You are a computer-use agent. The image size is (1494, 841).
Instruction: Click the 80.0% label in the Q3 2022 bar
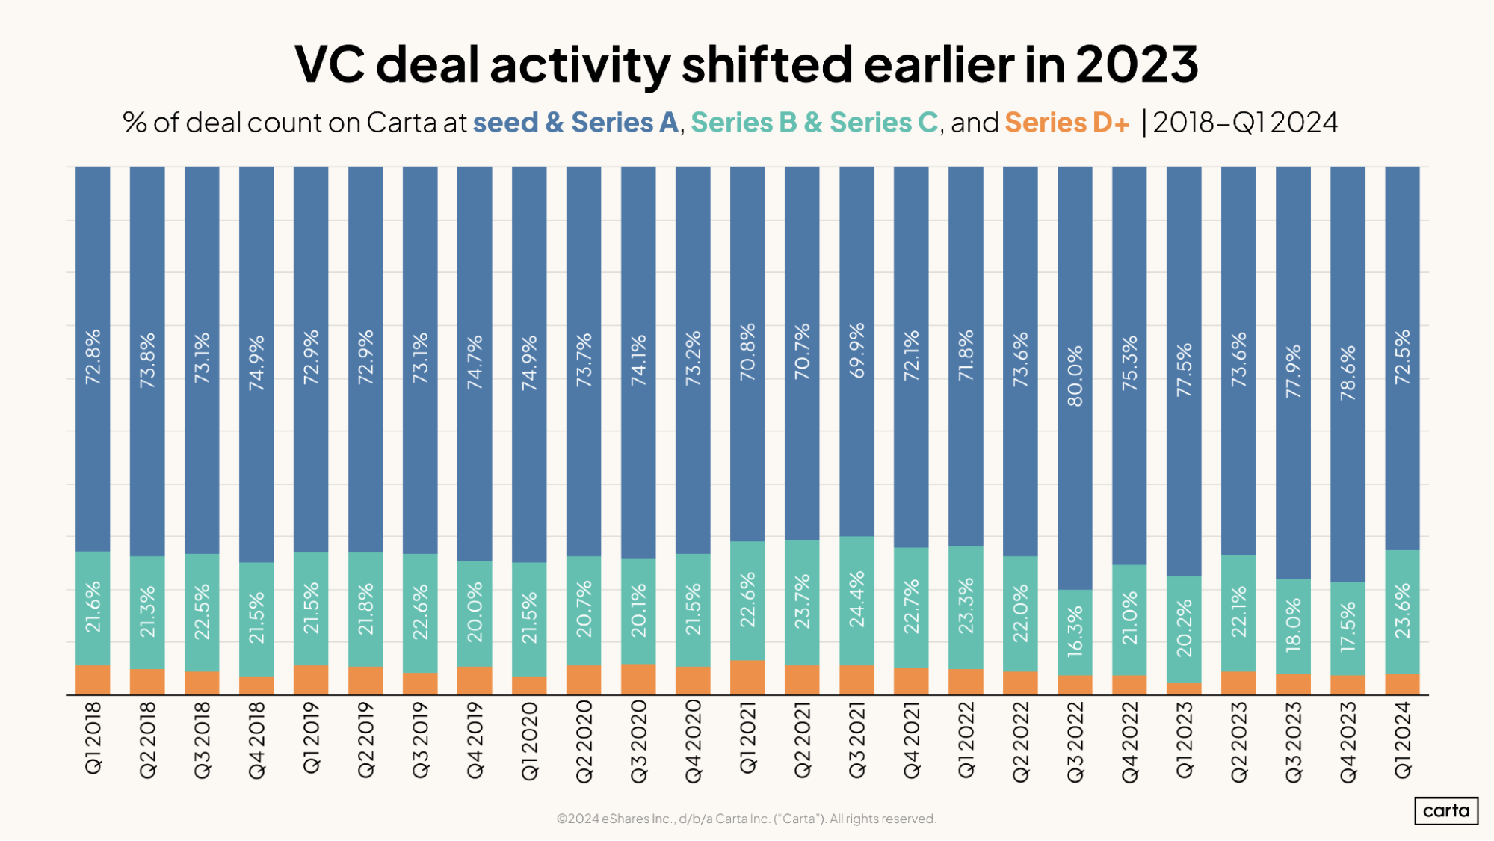coord(1075,376)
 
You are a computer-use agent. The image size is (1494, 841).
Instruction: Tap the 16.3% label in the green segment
coord(1075,632)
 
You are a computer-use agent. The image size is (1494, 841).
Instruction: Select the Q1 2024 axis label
coord(1402,740)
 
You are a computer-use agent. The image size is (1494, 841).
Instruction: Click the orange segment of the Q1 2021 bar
coord(747,677)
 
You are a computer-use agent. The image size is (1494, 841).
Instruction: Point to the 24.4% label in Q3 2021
coord(856,599)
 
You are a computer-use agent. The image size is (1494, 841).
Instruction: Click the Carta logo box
coord(1445,811)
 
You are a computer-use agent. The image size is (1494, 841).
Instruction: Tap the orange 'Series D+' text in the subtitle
coord(1067,123)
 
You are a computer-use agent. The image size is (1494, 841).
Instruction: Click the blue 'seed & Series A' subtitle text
coord(575,123)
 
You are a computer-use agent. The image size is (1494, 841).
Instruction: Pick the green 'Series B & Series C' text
coord(814,123)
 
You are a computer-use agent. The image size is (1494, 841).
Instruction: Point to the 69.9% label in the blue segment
coord(856,350)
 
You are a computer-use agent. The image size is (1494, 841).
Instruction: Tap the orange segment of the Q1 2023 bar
coord(1184,688)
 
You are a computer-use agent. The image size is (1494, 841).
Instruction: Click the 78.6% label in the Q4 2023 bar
coord(1348,373)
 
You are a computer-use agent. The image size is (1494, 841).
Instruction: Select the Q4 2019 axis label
coord(475,740)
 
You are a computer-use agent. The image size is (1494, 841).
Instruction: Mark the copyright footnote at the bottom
coord(746,819)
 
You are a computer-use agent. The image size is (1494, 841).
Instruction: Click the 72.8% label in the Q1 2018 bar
coord(93,357)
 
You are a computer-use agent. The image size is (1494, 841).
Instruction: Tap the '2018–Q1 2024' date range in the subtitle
coord(1245,123)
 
